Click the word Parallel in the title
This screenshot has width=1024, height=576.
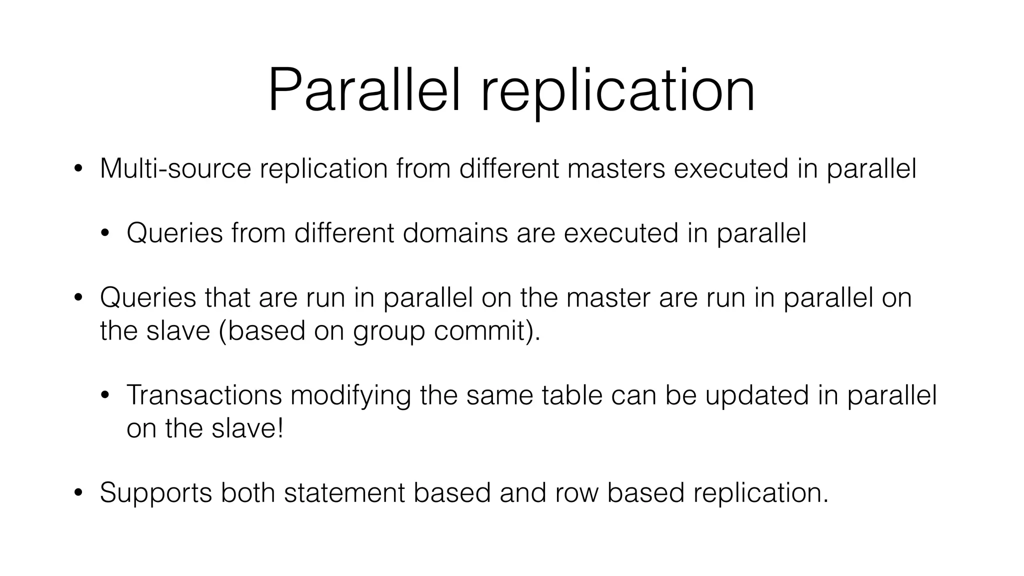point(363,91)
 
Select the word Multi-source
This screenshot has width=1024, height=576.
point(175,168)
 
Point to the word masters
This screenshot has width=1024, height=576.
point(616,168)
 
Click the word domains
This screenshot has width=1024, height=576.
point(455,233)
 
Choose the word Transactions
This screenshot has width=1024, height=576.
point(204,395)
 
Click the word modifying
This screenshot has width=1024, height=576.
point(350,396)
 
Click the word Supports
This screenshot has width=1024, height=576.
point(156,493)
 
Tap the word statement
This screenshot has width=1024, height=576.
point(344,492)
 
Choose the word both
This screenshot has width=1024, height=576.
point(248,492)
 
